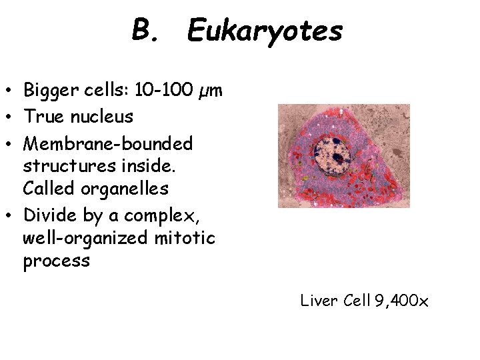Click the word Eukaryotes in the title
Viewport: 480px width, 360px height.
point(265,31)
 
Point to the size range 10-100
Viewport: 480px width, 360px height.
point(163,89)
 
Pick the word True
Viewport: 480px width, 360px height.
point(42,117)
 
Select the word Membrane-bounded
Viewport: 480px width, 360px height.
point(107,143)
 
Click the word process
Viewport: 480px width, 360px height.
point(56,261)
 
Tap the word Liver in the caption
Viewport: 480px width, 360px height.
point(320,301)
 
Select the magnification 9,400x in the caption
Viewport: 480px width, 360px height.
point(401,301)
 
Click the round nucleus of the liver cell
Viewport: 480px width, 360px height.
point(335,156)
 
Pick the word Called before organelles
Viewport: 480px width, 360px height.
point(48,189)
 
